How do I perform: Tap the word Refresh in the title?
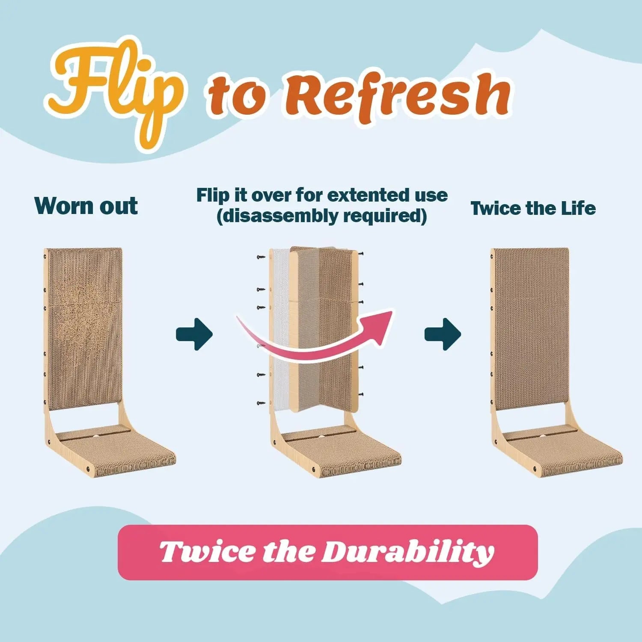pyautogui.click(x=402, y=96)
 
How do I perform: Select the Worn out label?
pyautogui.click(x=86, y=206)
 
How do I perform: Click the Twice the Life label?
pyautogui.click(x=533, y=208)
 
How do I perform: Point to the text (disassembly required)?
pyautogui.click(x=322, y=216)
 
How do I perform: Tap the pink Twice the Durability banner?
pyautogui.click(x=327, y=552)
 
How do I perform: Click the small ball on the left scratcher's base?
pyautogui.click(x=95, y=436)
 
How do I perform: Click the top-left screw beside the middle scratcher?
pyautogui.click(x=261, y=257)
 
